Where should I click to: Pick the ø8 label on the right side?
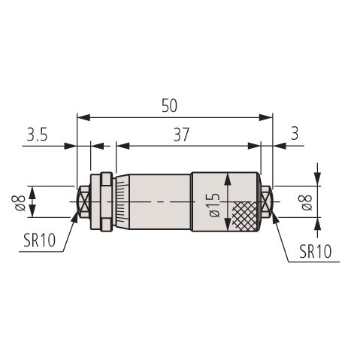coord(306,202)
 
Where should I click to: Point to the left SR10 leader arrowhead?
coord(75,217)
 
